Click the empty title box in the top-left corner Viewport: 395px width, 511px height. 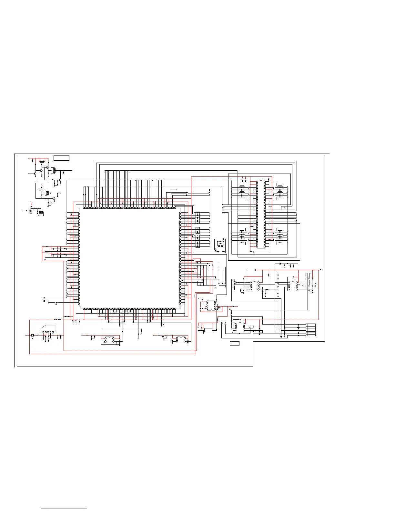point(61,158)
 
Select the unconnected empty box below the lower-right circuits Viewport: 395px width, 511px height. point(235,344)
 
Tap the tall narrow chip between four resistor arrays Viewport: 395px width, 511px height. point(261,214)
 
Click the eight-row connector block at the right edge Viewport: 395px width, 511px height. point(311,330)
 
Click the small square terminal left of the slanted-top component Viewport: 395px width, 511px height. point(32,336)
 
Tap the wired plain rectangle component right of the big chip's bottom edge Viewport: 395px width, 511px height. point(208,330)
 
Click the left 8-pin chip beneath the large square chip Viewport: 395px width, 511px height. point(109,340)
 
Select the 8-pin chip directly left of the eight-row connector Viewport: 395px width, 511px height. point(239,326)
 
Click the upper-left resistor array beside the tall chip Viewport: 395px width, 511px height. point(242,191)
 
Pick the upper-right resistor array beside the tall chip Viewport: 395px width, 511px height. point(280,191)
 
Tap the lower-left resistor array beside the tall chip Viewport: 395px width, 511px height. point(242,236)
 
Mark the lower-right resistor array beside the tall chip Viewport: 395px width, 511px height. point(280,236)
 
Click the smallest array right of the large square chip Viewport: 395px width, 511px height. point(198,230)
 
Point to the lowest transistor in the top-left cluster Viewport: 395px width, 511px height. point(30,210)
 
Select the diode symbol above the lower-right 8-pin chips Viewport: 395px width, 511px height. point(280,264)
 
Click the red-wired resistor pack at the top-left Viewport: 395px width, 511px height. point(42,161)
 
